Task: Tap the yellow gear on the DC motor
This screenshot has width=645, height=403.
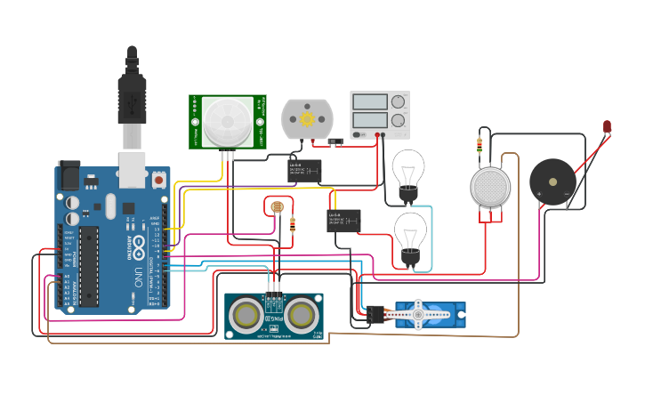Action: coord(307,118)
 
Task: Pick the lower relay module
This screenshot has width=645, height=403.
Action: coord(343,220)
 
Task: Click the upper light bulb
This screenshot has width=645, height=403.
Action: coord(408,169)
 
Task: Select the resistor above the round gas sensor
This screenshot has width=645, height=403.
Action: coord(480,144)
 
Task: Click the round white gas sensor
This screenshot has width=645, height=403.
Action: coord(490,186)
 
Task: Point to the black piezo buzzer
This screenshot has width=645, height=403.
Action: coord(552,181)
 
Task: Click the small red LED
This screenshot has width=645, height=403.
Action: coord(607,127)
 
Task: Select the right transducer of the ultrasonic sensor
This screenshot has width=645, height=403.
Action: coord(302,315)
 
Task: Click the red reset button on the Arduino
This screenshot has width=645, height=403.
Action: coord(158,180)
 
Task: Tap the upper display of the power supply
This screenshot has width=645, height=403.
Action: coord(370,102)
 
